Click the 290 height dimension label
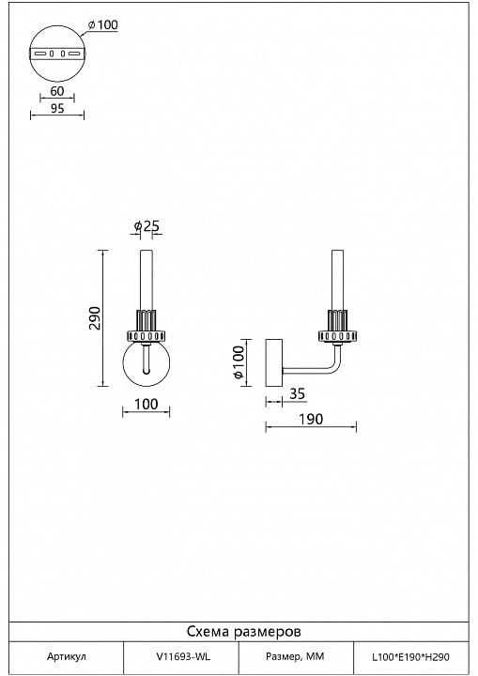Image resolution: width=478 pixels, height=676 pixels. click(x=95, y=318)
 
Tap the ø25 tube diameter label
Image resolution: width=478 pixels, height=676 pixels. click(x=146, y=225)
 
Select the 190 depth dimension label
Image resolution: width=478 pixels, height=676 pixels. click(x=311, y=419)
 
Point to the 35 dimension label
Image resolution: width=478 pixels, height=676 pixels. click(x=297, y=393)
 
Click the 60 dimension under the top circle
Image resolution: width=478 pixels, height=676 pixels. click(x=57, y=91)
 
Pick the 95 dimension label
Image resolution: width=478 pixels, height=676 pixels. click(x=57, y=108)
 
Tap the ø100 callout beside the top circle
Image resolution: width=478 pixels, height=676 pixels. click(x=102, y=25)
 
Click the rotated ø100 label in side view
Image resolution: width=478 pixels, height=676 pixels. click(x=239, y=362)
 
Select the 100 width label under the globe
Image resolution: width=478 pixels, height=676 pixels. click(x=146, y=405)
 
